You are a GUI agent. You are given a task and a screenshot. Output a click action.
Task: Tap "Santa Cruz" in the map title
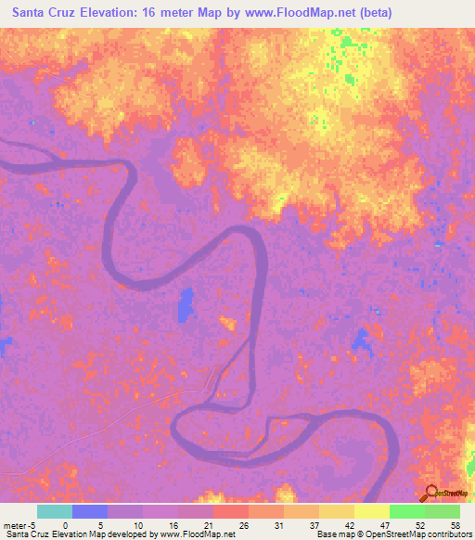click(x=43, y=12)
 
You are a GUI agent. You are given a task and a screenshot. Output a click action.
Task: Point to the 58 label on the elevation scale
click(x=454, y=524)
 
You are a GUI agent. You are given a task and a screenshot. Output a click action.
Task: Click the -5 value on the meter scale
click(x=32, y=524)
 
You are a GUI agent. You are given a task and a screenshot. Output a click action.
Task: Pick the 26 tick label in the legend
click(x=243, y=524)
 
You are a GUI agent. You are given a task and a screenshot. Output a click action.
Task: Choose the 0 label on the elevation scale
click(x=66, y=524)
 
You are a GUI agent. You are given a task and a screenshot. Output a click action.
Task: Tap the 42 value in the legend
click(x=349, y=524)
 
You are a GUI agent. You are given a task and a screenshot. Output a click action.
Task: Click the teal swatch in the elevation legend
click(x=54, y=511)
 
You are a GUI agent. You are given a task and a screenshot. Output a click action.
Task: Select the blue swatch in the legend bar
click(x=90, y=511)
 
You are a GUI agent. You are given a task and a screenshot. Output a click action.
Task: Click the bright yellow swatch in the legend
click(x=372, y=511)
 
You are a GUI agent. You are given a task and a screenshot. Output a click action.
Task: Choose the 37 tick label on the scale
click(x=314, y=524)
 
